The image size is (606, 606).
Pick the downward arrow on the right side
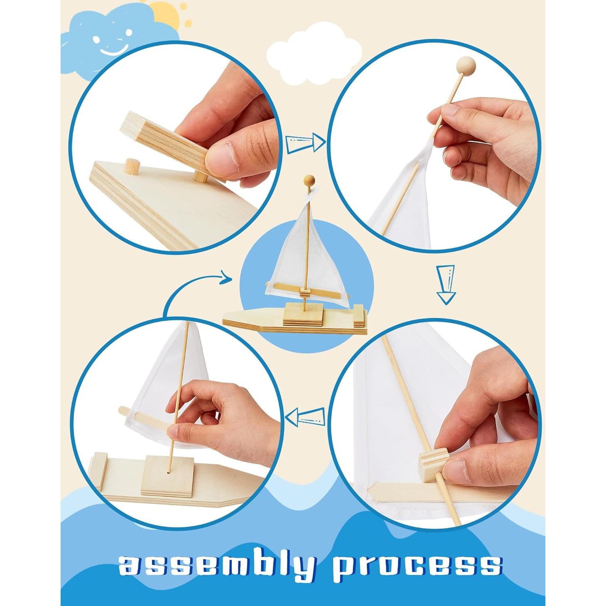coord(446,284)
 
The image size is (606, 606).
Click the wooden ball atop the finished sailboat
coord(309,180)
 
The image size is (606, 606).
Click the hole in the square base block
coord(167,471)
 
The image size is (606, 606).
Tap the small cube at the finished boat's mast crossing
coord(306,292)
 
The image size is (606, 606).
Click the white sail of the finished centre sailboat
coord(291,250)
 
